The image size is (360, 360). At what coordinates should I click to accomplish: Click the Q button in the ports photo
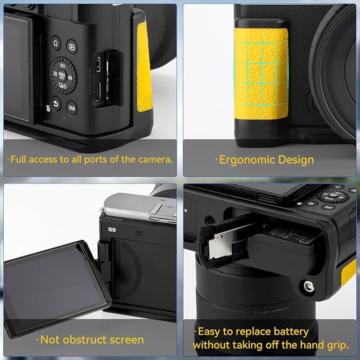click(x=56, y=43)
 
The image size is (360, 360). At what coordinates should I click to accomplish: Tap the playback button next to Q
click(x=72, y=47)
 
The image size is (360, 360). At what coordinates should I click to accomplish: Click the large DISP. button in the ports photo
click(x=72, y=108)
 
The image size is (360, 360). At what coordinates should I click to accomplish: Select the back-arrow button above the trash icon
click(x=56, y=104)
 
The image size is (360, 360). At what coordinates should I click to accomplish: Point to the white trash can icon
click(x=48, y=108)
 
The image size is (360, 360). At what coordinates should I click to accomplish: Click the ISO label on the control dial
click(x=63, y=66)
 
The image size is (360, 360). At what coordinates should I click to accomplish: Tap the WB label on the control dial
click(x=70, y=78)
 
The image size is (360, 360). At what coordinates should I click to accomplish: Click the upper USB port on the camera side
click(x=98, y=64)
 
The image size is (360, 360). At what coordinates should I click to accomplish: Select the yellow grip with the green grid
click(x=261, y=74)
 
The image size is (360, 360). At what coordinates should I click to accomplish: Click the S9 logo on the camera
click(x=112, y=230)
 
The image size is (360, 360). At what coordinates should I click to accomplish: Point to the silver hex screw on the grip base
click(x=309, y=287)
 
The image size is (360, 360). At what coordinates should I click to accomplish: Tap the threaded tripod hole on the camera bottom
click(x=209, y=221)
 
